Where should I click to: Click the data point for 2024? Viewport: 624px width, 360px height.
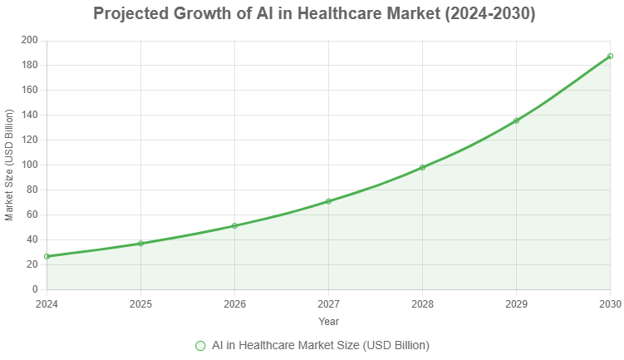(x=47, y=256)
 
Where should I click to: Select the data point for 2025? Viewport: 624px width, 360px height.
(x=140, y=244)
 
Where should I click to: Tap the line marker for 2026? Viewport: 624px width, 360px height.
(x=234, y=225)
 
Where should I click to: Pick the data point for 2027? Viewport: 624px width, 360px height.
(x=328, y=201)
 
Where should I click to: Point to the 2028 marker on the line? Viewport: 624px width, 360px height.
(x=422, y=167)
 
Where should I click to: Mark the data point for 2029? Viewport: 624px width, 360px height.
(x=516, y=121)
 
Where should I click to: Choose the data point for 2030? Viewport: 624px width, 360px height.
(x=610, y=56)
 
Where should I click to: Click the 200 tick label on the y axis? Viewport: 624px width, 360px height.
(x=29, y=40)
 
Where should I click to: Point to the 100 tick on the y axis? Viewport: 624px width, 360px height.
(x=29, y=165)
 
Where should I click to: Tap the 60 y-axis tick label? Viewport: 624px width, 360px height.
(x=32, y=215)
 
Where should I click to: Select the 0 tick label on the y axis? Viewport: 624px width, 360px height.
(x=34, y=289)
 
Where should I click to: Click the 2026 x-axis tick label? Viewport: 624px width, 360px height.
(x=234, y=303)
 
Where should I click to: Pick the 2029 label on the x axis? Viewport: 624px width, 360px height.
(x=516, y=303)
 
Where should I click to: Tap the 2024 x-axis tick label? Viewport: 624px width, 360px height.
(x=47, y=303)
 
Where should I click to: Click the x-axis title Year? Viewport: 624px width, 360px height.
(x=328, y=321)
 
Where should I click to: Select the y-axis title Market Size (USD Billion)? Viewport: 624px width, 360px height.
(x=9, y=165)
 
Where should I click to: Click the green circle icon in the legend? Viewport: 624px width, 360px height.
(x=199, y=345)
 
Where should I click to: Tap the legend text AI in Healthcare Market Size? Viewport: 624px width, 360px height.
(x=320, y=345)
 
